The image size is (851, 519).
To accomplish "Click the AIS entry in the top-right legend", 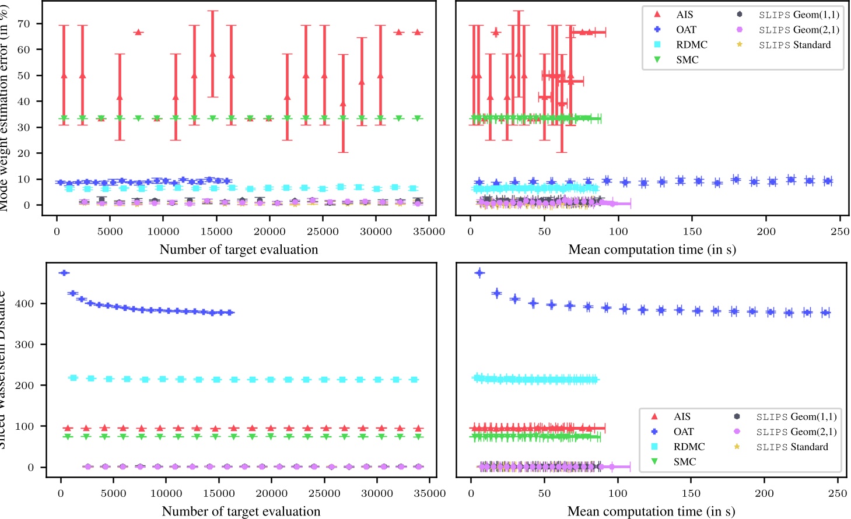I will (x=684, y=15).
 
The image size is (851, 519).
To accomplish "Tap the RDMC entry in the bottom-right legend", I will (x=689, y=447).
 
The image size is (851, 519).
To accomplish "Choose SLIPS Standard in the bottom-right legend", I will (x=792, y=447).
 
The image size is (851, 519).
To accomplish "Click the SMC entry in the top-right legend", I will (x=687, y=59).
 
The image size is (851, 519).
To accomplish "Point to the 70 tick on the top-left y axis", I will (x=24, y=24).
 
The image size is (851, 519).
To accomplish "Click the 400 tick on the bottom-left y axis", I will (x=26, y=304).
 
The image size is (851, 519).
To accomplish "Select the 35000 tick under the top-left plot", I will (x=429, y=232).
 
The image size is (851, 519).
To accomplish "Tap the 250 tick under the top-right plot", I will (x=839, y=232).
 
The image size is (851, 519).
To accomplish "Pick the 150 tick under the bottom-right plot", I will (x=691, y=493).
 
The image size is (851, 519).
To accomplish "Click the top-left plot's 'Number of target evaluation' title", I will (x=239, y=250).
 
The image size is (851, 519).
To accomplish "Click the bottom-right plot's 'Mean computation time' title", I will (x=651, y=511).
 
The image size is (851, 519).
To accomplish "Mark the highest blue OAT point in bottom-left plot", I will (x=64, y=273).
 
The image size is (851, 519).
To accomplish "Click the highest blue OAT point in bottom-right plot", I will (x=479, y=273).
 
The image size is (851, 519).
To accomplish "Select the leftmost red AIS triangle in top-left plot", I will (x=64, y=76).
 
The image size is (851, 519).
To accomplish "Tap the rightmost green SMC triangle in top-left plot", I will (x=418, y=118).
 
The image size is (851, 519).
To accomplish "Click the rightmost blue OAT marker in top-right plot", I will (x=827, y=181).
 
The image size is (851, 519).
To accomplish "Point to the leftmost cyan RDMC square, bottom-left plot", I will (x=73, y=378).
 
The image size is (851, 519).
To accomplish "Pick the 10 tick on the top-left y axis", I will (x=24, y=180).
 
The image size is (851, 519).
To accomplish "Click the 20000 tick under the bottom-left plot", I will (x=271, y=493).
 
